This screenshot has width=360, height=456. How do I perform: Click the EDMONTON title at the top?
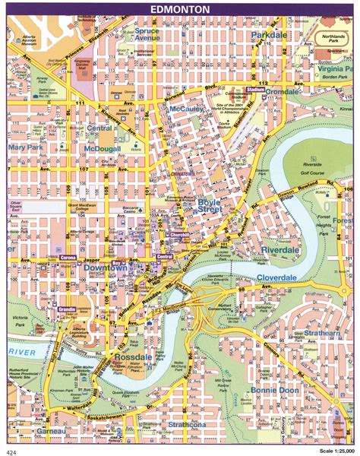click(x=180, y=9)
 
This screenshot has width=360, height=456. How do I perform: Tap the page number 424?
click(x=14, y=448)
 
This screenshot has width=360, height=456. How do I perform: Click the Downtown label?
click(x=104, y=268)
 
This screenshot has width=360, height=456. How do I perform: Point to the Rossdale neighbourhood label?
click(x=134, y=357)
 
